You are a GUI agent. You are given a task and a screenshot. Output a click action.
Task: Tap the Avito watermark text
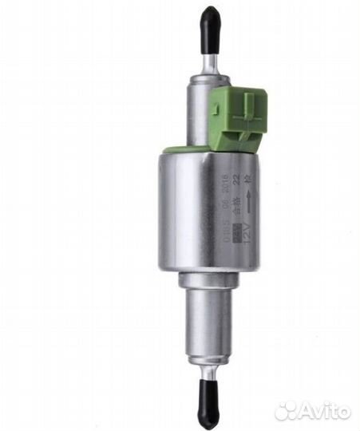click(325, 411)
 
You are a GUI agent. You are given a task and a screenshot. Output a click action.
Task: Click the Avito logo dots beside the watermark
click(286, 411)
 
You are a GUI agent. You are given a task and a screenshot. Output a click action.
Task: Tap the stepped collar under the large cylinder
click(210, 279)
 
